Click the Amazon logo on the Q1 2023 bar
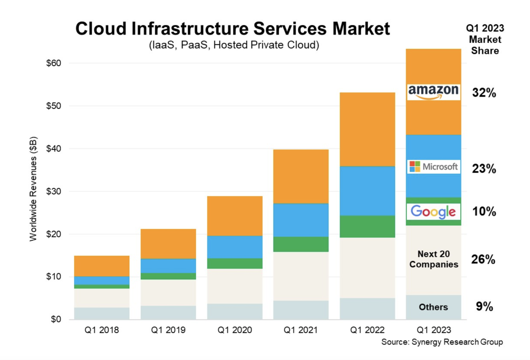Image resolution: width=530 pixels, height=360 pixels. tap(433, 92)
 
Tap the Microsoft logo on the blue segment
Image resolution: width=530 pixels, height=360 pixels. tap(433, 167)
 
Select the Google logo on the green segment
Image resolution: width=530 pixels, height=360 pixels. tap(433, 211)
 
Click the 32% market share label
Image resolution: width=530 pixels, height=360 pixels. tap(484, 92)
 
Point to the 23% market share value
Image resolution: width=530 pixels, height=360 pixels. tap(484, 169)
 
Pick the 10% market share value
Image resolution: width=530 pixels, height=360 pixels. tap(484, 211)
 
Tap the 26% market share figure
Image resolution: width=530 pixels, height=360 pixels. tap(483, 259)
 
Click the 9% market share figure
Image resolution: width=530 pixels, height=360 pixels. tap(484, 306)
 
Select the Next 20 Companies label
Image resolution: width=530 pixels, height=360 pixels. tap(434, 259)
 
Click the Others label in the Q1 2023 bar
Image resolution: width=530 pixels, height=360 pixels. tap(433, 307)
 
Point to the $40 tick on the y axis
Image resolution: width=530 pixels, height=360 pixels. tap(53, 149)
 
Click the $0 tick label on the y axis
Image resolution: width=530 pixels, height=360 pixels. tap(56, 319)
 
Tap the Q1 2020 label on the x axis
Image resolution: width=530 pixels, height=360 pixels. tap(235, 330)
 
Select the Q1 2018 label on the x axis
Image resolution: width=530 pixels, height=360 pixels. tap(102, 330)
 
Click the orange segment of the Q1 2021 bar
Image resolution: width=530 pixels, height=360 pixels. tap(301, 177)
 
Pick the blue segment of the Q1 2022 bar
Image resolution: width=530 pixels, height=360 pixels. tap(367, 191)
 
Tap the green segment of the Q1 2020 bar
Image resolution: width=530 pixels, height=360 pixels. tap(235, 263)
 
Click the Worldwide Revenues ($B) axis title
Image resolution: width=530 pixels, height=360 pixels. tap(33, 189)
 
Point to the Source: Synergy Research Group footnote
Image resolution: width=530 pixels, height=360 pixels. tap(442, 342)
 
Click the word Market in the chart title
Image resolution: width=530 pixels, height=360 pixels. tap(361, 29)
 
